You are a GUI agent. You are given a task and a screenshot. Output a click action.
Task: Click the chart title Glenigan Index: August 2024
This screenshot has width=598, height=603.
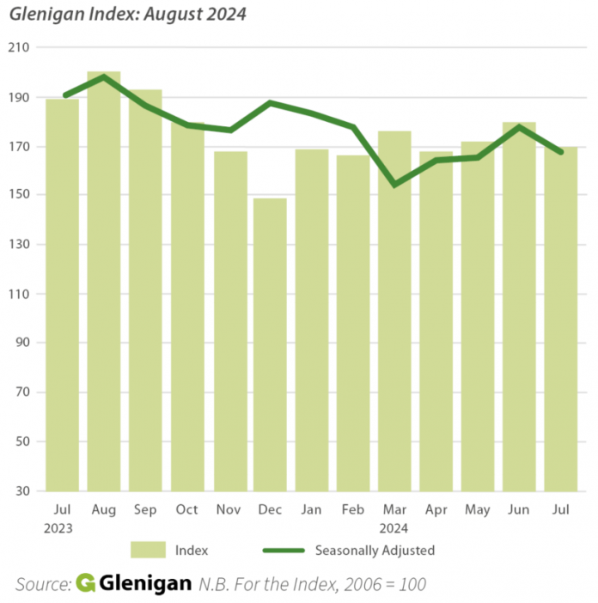127,15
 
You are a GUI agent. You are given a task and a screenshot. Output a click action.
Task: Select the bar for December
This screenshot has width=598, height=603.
270,344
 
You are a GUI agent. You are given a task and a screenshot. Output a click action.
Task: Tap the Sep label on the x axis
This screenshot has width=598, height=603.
145,510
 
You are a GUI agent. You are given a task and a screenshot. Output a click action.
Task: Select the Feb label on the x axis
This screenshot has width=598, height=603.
352,510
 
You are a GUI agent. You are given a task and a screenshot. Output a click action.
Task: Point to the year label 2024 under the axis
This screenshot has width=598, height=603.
394,527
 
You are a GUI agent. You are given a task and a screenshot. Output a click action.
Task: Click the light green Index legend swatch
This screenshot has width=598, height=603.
148,550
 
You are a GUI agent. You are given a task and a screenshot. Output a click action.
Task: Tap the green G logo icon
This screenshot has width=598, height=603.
85,582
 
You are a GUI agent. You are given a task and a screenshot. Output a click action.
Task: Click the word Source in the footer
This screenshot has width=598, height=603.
41,583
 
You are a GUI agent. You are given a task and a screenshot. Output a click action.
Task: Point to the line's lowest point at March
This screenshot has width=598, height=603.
394,184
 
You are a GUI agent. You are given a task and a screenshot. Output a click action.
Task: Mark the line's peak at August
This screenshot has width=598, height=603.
104,77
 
